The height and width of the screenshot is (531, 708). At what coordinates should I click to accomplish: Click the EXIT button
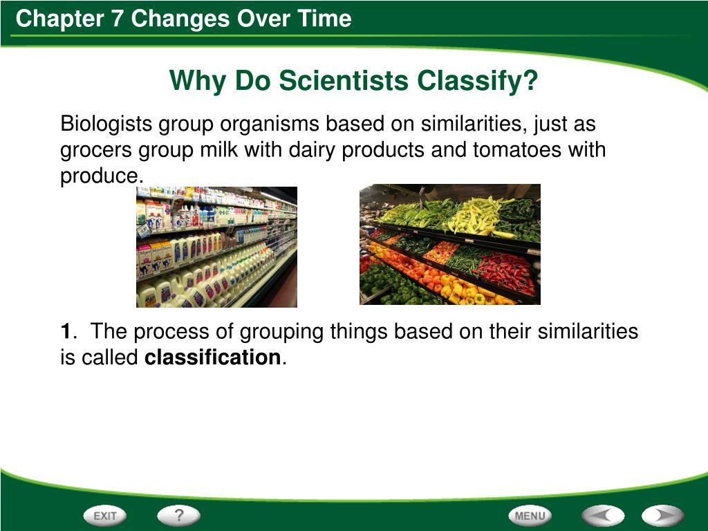[105, 516]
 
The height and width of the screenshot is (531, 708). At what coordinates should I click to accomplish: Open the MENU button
[530, 516]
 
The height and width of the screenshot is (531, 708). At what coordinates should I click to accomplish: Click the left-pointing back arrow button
[602, 516]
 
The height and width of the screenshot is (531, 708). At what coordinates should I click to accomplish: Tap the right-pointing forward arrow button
[662, 516]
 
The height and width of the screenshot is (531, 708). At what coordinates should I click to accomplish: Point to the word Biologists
[107, 124]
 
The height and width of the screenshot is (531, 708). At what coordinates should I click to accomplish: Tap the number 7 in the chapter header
[117, 19]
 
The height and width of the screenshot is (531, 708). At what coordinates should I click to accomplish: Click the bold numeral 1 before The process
[66, 332]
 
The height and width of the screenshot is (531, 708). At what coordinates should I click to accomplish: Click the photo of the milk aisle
[216, 247]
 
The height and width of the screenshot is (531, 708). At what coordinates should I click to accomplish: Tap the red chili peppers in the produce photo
[505, 270]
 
